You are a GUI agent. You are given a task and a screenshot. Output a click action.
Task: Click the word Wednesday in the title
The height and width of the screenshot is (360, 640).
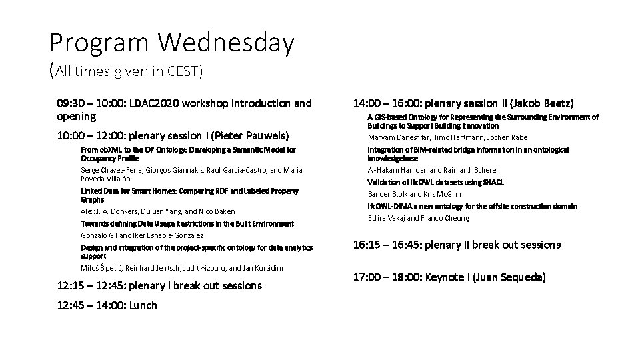(x=226, y=43)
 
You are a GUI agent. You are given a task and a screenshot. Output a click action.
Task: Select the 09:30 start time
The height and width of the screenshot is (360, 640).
(x=72, y=103)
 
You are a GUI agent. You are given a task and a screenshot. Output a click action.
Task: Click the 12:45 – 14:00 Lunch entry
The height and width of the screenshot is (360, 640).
(x=107, y=305)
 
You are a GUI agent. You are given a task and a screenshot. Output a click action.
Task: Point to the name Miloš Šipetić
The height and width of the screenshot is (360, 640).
(x=101, y=268)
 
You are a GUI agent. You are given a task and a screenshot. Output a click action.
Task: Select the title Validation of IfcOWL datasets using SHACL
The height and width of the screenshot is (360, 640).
(x=435, y=182)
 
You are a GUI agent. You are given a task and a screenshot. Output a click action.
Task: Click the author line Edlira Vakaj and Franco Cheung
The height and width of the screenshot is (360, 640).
(x=419, y=218)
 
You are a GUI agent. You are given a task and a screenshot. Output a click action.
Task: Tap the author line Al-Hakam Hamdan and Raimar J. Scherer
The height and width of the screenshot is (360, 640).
(x=433, y=170)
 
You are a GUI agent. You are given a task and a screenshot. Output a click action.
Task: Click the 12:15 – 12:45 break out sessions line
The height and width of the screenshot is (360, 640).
(x=159, y=286)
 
